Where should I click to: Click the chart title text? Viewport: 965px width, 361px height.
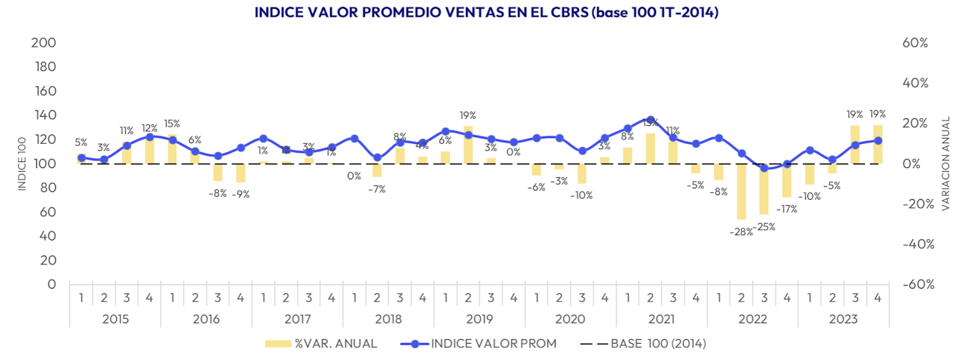click(x=482, y=13)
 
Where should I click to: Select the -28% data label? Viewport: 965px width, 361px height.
click(x=741, y=232)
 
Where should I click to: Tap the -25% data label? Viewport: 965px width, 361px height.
click(x=764, y=226)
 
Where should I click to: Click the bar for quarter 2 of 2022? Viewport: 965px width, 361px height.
click(x=741, y=191)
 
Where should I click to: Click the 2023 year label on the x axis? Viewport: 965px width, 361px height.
click(x=843, y=319)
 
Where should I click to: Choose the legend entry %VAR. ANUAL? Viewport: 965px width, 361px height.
click(x=321, y=344)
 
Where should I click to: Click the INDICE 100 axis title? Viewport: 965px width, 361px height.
click(x=23, y=164)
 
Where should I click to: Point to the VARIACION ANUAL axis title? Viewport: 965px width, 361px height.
click(x=946, y=164)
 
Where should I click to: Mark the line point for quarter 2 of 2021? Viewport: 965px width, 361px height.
click(x=651, y=120)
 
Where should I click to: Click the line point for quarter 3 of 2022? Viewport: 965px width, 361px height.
click(x=764, y=168)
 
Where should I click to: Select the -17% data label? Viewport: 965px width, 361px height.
click(x=787, y=209)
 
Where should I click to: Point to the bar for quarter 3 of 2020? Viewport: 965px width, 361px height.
click(x=582, y=173)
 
